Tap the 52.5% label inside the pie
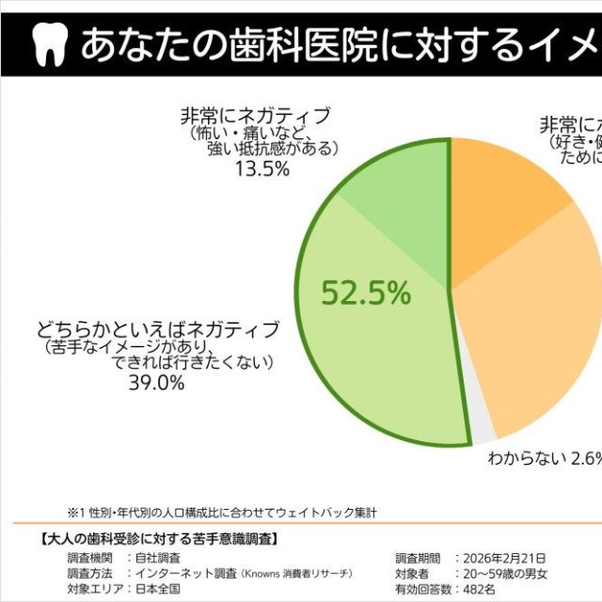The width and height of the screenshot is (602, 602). coord(366,293)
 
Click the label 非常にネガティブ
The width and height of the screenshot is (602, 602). coord(255,117)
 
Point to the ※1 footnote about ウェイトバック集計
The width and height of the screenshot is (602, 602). coord(221,513)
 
